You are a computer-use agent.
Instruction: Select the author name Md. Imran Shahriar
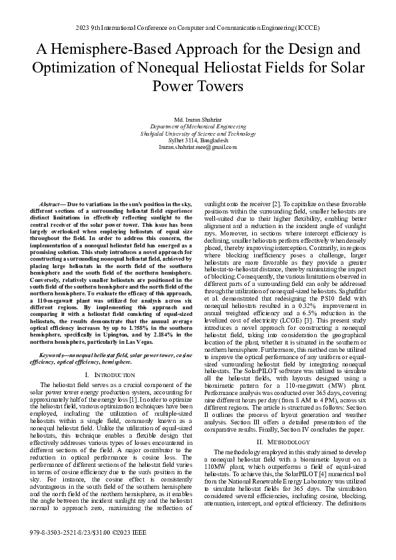(x=198, y=118)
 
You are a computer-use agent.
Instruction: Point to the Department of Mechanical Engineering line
(x=198, y=126)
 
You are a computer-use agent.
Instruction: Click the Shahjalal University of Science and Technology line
(x=198, y=133)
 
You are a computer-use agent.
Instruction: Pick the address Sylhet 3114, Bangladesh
(x=198, y=140)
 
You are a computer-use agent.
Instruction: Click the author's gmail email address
(x=198, y=147)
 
